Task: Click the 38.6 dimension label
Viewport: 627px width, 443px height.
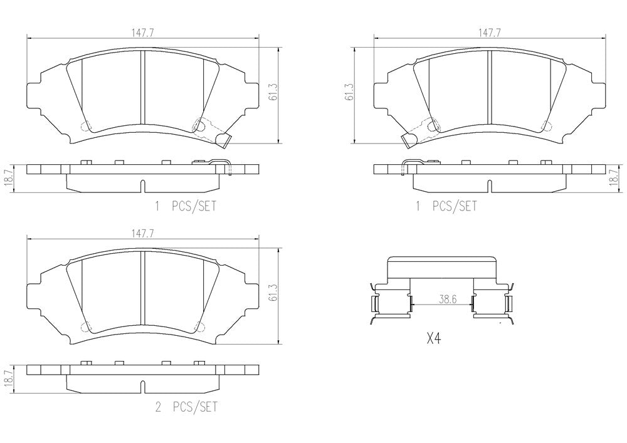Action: point(447,299)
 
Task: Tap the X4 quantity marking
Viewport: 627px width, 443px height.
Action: point(434,339)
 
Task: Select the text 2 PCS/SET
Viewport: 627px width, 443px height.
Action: point(186,407)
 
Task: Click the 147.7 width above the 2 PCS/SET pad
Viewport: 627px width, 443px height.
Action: point(143,234)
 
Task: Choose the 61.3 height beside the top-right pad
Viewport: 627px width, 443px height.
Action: point(349,92)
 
